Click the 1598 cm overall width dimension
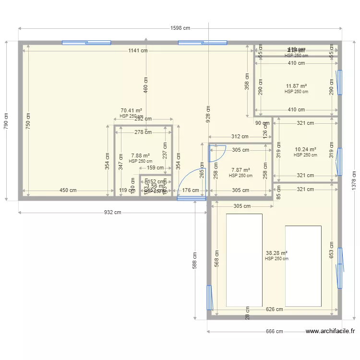(x=180, y=28)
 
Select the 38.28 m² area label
(x=276, y=253)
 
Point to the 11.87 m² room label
(x=296, y=86)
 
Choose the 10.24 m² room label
(x=305, y=149)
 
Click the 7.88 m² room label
(x=140, y=156)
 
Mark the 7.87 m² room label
(x=240, y=170)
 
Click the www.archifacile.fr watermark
(x=330, y=331)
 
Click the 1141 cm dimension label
(x=137, y=51)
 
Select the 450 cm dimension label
(x=68, y=190)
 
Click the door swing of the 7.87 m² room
(x=216, y=152)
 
